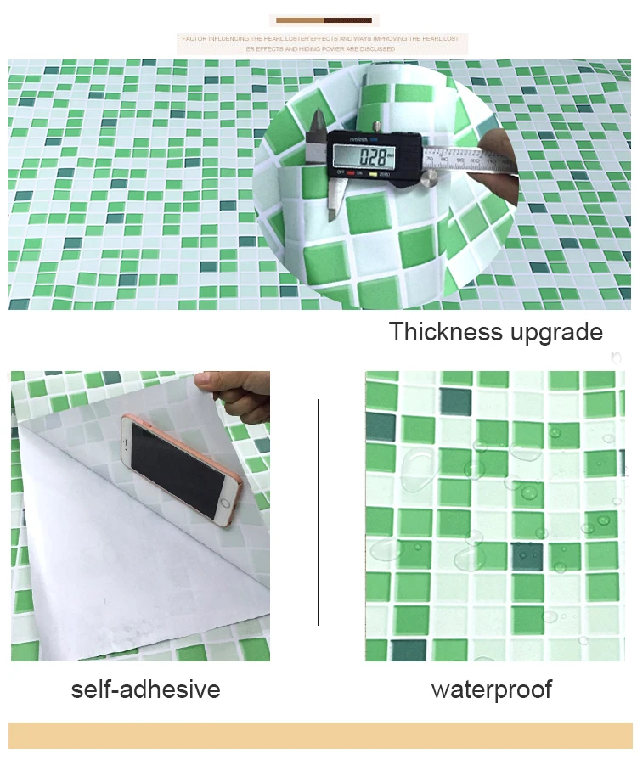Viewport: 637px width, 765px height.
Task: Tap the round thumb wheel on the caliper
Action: pyautogui.click(x=431, y=177)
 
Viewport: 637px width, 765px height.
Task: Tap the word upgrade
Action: pyautogui.click(x=555, y=333)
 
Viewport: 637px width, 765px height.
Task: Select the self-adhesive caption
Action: pyautogui.click(x=145, y=689)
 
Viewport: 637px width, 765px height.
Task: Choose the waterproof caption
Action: pyautogui.click(x=491, y=689)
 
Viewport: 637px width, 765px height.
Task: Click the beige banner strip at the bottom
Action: pyautogui.click(x=319, y=735)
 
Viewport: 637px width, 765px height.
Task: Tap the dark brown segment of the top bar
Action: pyautogui.click(x=348, y=20)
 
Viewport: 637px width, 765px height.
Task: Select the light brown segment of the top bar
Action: pyautogui.click(x=300, y=20)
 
